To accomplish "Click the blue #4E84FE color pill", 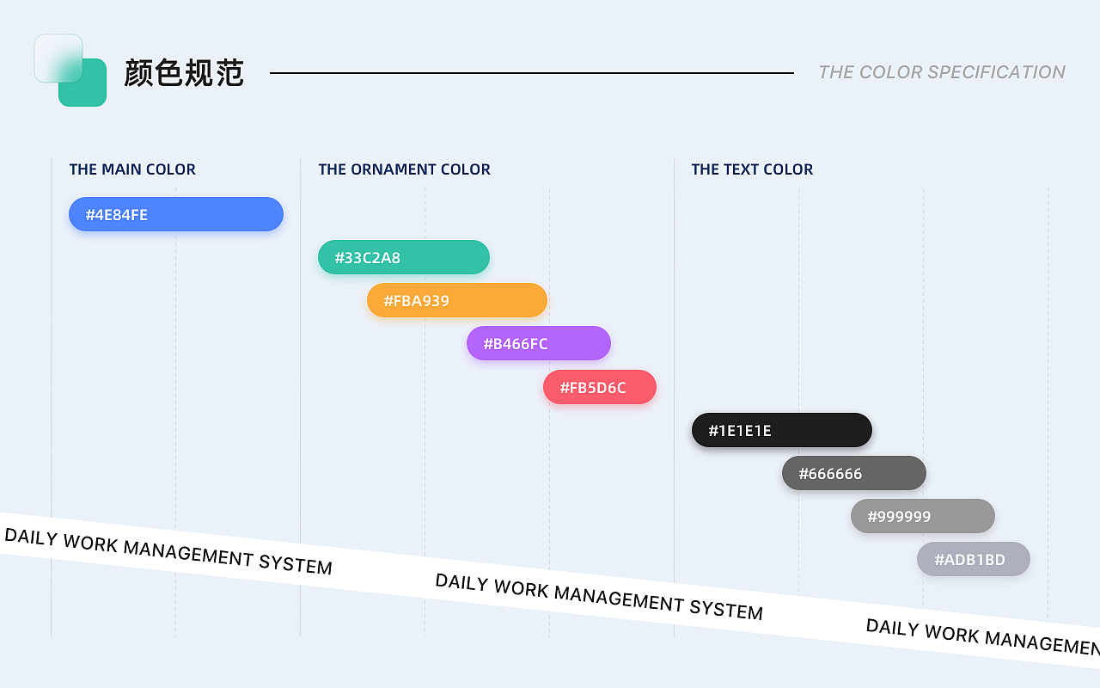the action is coord(176,214).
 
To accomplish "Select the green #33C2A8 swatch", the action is coord(404,257).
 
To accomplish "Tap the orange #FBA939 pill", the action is coord(456,300).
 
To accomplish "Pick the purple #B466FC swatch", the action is coord(539,343).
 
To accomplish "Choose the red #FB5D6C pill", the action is coord(600,387).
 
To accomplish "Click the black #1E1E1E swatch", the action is coord(782,430).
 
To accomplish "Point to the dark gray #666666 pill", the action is coord(854,473).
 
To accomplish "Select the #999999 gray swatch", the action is coord(923,516).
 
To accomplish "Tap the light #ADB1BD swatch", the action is coord(974,559).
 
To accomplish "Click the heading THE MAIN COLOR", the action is coord(132,169).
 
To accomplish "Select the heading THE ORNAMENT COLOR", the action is coord(404,169).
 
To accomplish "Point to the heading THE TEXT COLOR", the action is coord(752,169).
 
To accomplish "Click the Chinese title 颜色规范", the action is coord(184,73).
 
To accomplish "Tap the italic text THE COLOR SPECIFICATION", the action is coord(942,72).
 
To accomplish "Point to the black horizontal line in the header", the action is coord(532,73).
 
